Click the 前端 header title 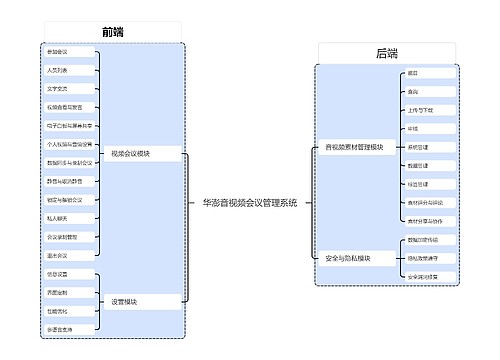[x=113, y=32]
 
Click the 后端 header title [x=386, y=54]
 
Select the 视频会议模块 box [x=131, y=154]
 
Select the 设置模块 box [x=125, y=301]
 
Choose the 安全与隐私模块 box [x=347, y=258]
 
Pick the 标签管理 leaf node [x=419, y=184]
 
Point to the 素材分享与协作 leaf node [x=425, y=221]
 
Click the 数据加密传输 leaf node [x=423, y=240]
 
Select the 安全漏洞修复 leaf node [x=423, y=276]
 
